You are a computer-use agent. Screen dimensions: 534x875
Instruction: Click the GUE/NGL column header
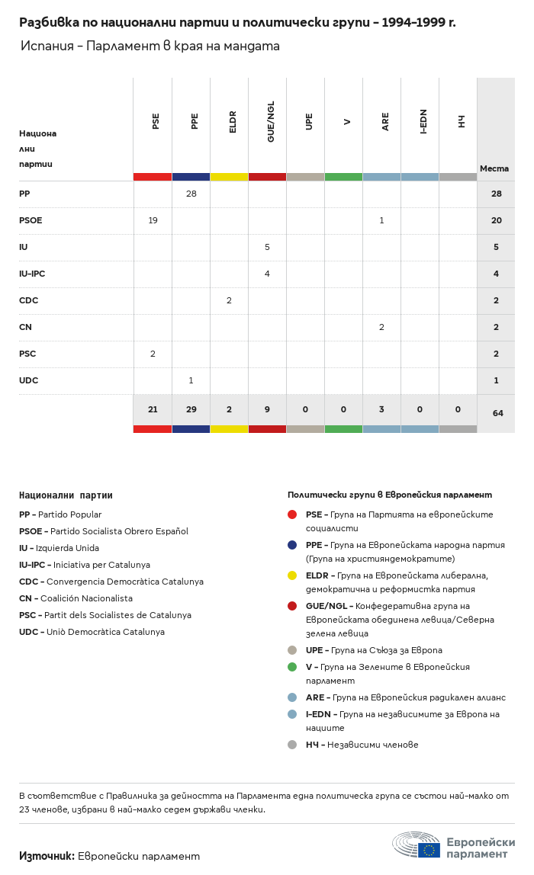271,122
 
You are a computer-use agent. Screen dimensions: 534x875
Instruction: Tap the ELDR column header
233,122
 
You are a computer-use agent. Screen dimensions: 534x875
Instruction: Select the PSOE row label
31,220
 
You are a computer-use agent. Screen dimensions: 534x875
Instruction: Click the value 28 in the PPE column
191,194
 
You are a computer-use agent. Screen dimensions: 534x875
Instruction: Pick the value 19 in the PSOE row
153,220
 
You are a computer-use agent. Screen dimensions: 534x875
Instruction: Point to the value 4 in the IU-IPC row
267,274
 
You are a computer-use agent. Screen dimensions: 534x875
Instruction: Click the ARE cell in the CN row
381,327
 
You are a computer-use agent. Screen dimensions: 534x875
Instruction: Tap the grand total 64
497,413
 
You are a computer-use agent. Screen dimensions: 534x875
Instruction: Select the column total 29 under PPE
191,409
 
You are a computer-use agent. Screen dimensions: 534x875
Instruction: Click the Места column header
494,168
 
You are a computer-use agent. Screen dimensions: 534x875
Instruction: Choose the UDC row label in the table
28,380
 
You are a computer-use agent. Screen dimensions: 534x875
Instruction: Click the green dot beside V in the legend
292,667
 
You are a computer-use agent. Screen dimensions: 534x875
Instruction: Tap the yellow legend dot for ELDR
292,575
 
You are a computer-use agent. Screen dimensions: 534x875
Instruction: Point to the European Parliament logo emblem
417,845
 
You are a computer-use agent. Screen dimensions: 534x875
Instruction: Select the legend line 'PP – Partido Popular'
60,514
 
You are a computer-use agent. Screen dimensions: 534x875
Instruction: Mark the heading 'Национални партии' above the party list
66,495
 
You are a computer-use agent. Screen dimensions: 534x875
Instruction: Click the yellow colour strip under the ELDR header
229,177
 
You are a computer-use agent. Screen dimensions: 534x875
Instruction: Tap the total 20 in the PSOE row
496,220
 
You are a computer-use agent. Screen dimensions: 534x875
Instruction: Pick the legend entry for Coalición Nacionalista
76,598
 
